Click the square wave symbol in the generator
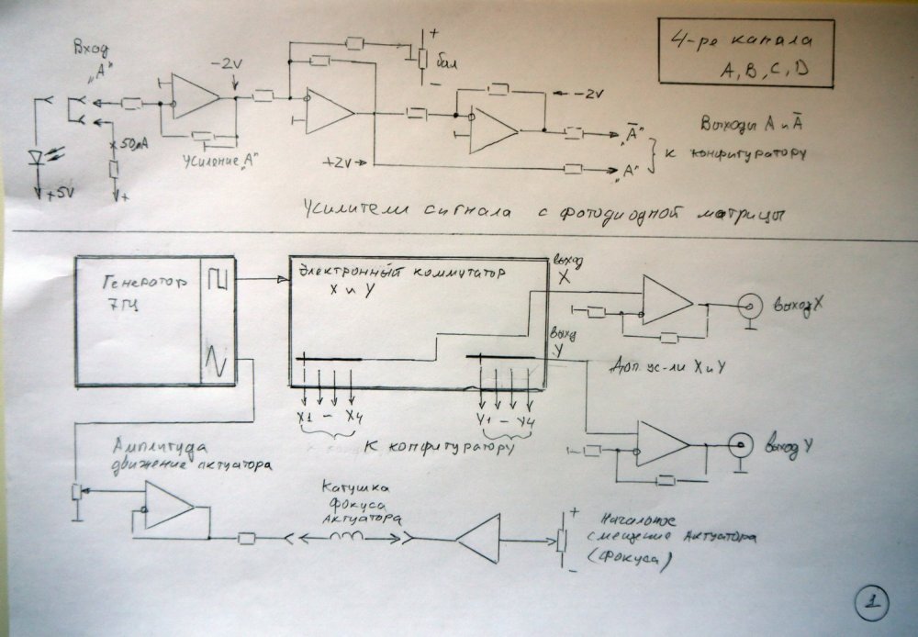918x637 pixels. (x=217, y=278)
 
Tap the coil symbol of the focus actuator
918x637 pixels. (x=347, y=537)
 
